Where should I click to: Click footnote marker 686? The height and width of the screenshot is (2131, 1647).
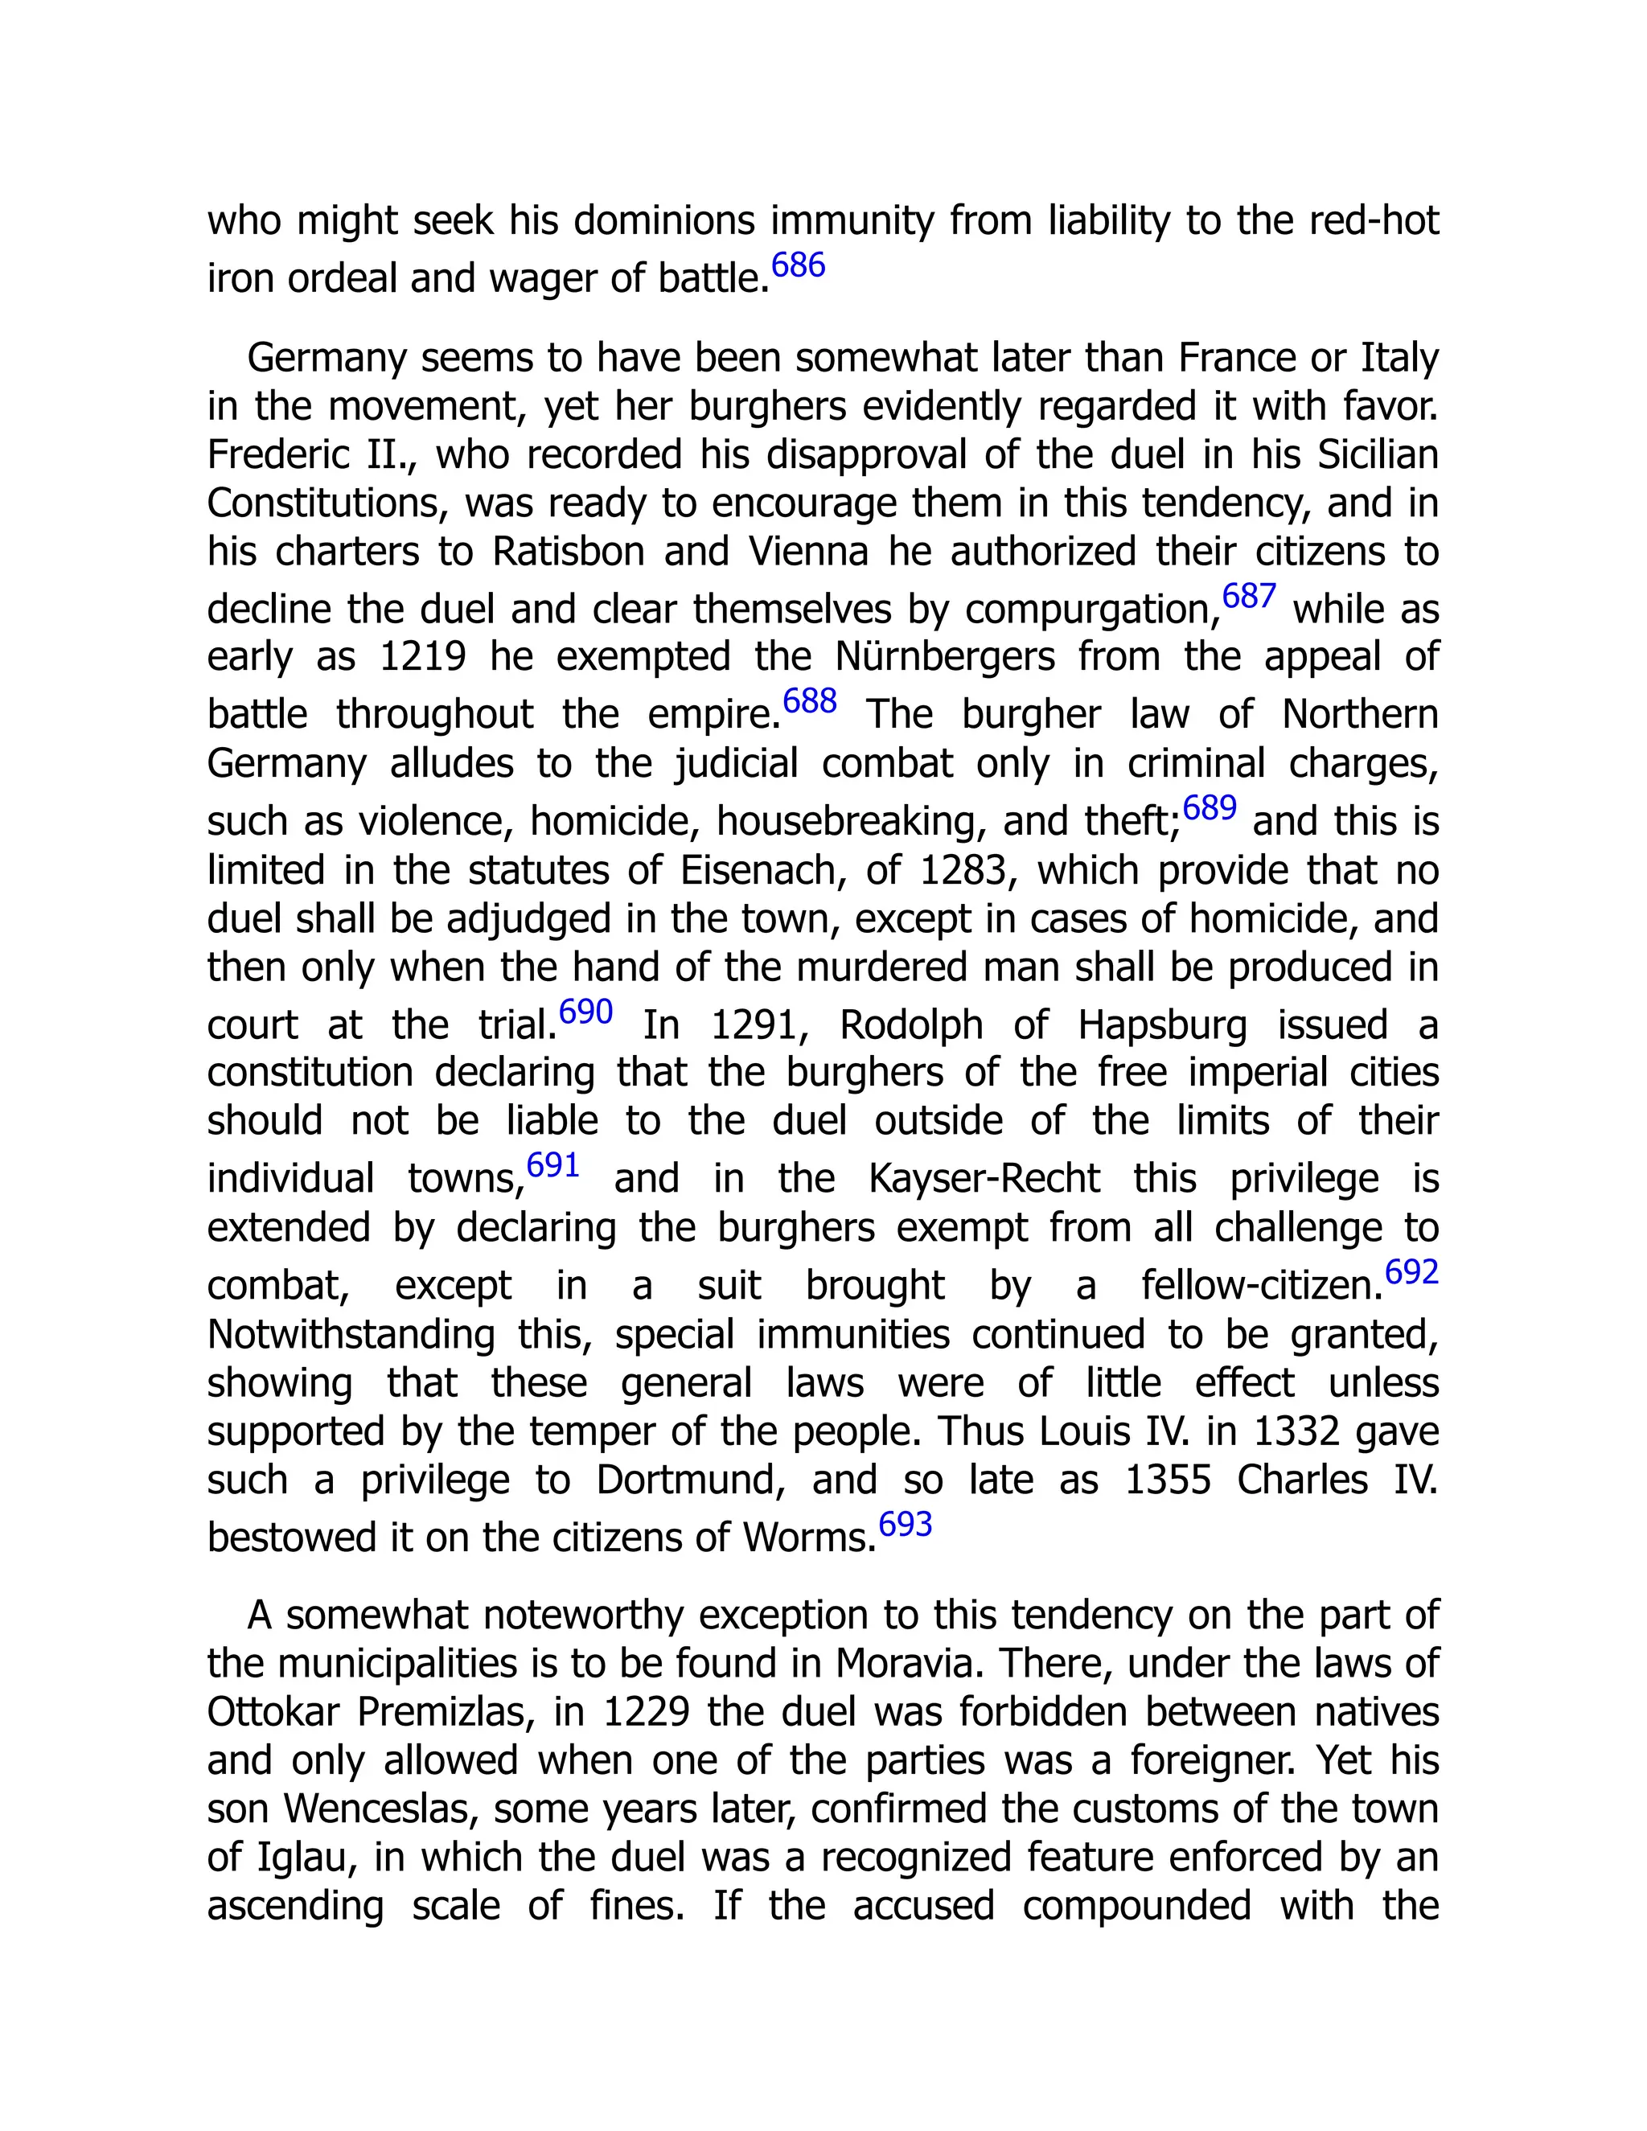tap(798, 265)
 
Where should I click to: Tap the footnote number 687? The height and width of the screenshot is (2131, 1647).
tap(1249, 596)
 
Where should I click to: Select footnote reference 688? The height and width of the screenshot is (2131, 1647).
tap(810, 700)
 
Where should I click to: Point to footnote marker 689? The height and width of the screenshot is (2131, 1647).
tap(1210, 808)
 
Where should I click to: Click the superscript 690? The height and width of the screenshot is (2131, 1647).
tap(585, 1012)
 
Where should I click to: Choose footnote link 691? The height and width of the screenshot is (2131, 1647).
tap(553, 1165)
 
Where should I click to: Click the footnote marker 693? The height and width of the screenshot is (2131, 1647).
tap(906, 1524)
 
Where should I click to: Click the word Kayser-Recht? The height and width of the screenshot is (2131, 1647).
tap(984, 1180)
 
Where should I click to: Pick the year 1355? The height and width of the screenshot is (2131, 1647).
tap(1168, 1481)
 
